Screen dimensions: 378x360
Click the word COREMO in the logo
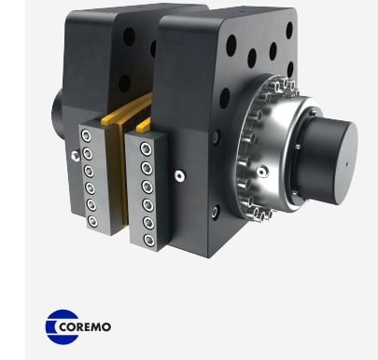pyautogui.click(x=85, y=326)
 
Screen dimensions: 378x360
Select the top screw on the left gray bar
pyautogui.click(x=86, y=136)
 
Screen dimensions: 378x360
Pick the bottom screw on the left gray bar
pyautogui.click(x=92, y=221)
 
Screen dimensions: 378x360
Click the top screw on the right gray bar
pyautogui.click(x=146, y=149)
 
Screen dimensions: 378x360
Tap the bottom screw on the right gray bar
pyautogui.click(x=149, y=240)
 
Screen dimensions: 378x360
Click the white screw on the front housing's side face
pyautogui.click(x=179, y=176)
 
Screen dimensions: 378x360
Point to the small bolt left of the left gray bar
pyautogui.click(x=75, y=156)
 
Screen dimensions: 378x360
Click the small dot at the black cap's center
pyautogui.click(x=347, y=163)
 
